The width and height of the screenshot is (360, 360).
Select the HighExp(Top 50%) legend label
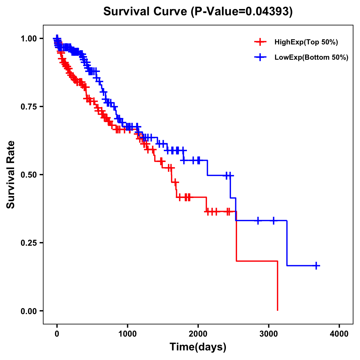pos(306,42)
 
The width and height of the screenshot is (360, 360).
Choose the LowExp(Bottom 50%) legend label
pos(311,58)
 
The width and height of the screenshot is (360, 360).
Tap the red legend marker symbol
pos(260,42)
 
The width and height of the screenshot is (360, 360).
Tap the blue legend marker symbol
pos(260,57)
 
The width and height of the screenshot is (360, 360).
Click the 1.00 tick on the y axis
pos(29,38)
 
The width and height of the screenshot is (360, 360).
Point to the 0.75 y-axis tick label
pos(29,106)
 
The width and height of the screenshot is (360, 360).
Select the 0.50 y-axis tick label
pos(29,175)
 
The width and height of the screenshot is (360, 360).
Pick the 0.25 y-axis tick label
pos(29,243)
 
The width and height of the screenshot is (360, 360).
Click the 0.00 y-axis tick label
pos(29,311)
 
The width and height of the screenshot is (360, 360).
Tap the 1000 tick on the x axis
pos(127,334)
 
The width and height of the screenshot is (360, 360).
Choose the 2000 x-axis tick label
pos(198,334)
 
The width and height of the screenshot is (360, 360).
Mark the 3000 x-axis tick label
pos(269,334)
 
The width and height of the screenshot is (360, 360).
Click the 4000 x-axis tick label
pos(339,334)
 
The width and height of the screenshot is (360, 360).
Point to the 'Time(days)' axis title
pos(198,347)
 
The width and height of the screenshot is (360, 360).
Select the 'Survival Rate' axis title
pos(11,175)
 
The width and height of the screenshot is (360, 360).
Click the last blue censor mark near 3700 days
pos(316,265)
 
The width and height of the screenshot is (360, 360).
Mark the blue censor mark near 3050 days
pos(273,220)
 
